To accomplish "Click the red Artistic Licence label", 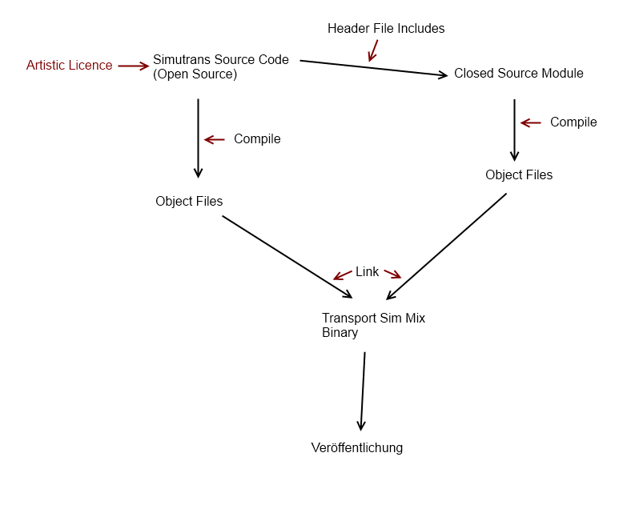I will click(69, 66).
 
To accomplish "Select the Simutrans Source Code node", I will click(221, 60).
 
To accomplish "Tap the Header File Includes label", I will click(386, 29).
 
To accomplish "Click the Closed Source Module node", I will click(518, 74).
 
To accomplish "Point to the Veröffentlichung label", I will click(357, 448).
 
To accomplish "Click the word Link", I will click(367, 272).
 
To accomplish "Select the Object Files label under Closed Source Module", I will click(518, 175).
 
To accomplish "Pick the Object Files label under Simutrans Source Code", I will click(189, 202).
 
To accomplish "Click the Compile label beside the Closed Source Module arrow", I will click(573, 122).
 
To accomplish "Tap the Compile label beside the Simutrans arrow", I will click(257, 139).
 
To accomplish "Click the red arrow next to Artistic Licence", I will click(134, 66).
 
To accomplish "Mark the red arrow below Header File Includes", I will click(372, 50).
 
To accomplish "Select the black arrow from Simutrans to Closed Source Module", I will click(373, 69).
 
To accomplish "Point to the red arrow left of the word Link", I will click(343, 275).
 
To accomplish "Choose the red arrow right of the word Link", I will click(392, 274).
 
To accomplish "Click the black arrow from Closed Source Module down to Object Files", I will click(514, 130).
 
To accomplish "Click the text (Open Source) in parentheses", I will click(195, 74).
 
